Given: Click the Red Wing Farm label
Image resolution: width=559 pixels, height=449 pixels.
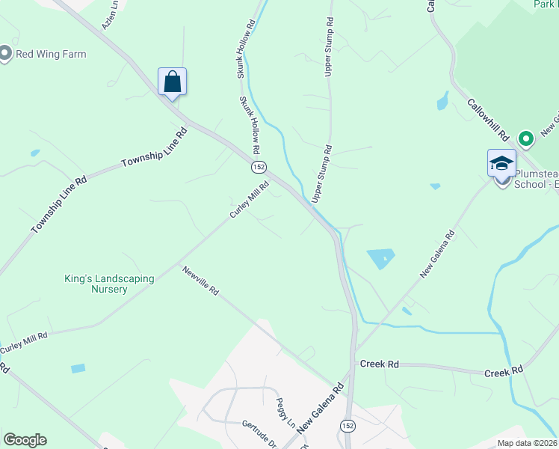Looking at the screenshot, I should (x=51, y=54).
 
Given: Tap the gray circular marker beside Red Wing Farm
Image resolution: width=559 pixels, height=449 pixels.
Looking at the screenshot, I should (x=5, y=54).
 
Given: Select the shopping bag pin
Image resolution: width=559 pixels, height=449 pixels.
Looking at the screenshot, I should (x=172, y=82).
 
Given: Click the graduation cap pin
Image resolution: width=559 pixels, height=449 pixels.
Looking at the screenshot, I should (x=501, y=162).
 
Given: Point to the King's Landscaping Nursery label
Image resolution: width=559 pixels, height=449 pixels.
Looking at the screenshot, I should (x=108, y=284).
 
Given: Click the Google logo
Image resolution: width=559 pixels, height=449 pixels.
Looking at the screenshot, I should (x=25, y=440).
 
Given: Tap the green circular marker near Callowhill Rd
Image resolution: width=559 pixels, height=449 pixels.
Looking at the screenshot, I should (x=526, y=138).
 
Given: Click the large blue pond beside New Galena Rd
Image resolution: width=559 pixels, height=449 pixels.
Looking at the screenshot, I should (x=382, y=259).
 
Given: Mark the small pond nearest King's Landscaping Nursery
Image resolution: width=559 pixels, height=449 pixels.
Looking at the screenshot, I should (x=78, y=368).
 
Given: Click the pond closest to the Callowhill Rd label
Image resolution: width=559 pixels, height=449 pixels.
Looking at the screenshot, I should (x=443, y=100).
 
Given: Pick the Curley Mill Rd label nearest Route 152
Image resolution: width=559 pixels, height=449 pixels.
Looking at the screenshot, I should (x=249, y=201).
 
